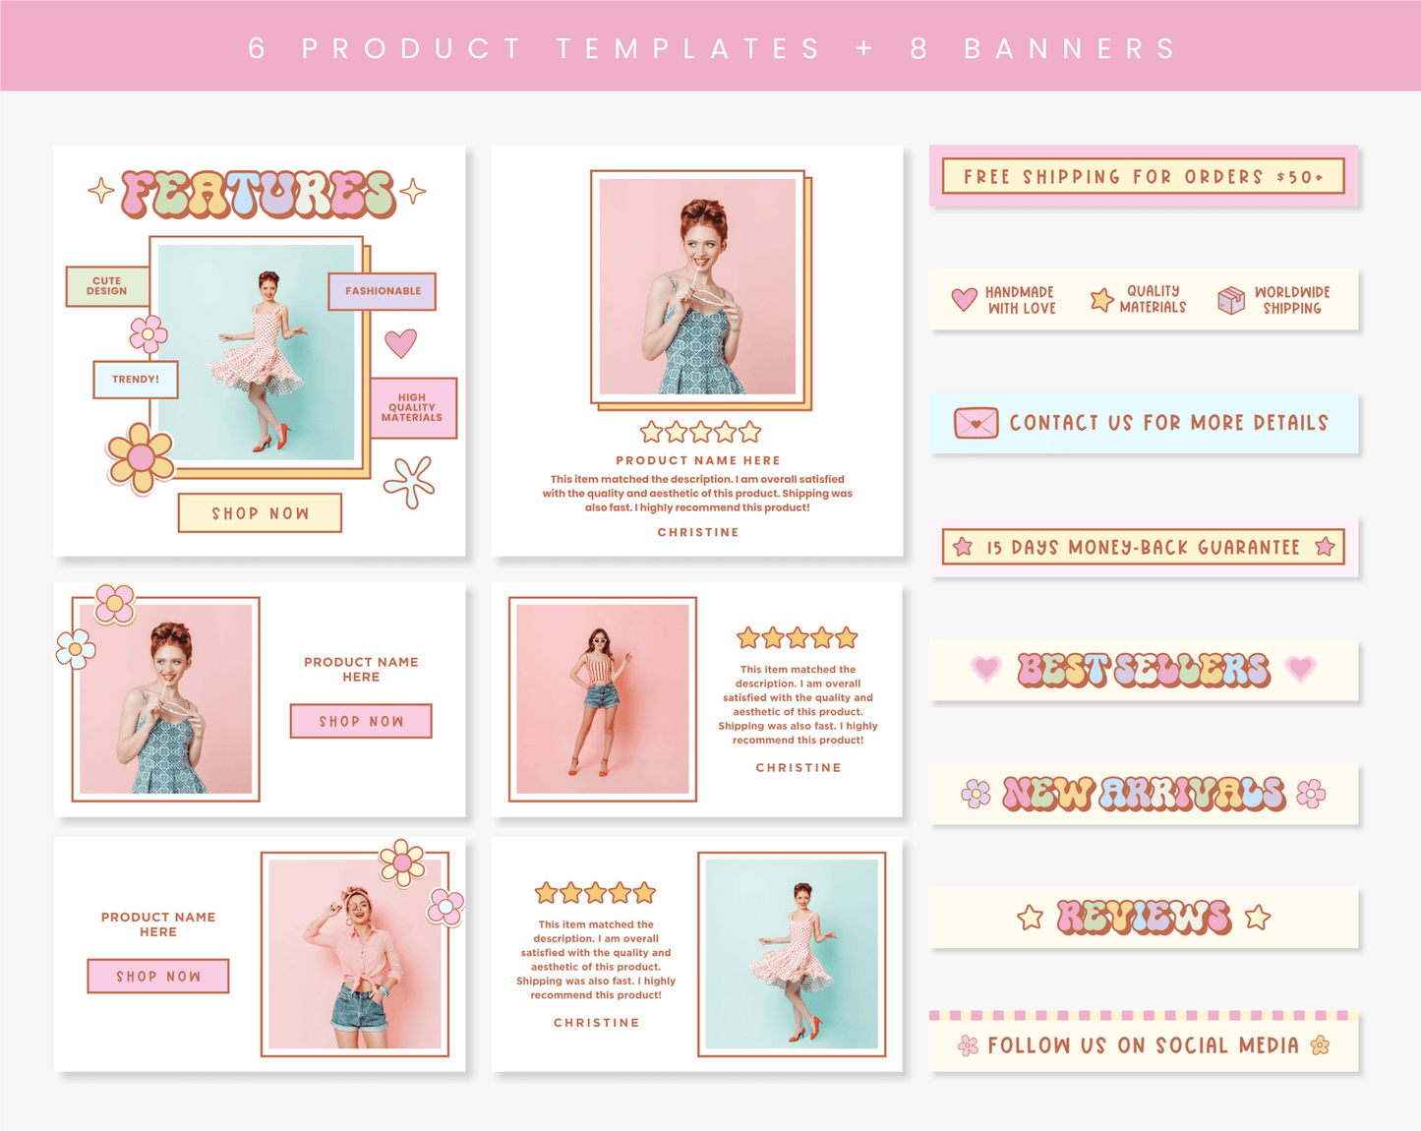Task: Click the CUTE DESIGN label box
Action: point(107,286)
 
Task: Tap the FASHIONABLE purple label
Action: point(383,291)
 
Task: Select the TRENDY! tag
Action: point(136,380)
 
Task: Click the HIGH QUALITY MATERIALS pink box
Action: point(413,407)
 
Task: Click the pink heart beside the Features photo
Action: point(401,342)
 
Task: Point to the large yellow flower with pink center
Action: point(141,458)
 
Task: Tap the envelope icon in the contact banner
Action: point(976,423)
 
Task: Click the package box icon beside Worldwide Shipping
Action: point(1231,300)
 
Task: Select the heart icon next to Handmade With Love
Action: point(964,299)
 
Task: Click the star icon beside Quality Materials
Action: point(1101,299)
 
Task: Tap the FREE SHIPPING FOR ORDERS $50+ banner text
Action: point(1144,176)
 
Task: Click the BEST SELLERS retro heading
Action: point(1144,669)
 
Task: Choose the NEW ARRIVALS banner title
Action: point(1144,794)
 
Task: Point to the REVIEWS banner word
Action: point(1144,917)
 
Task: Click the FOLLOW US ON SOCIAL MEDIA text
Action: point(1144,1045)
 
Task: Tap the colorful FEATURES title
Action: point(259,194)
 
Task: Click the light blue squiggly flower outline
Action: point(410,482)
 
